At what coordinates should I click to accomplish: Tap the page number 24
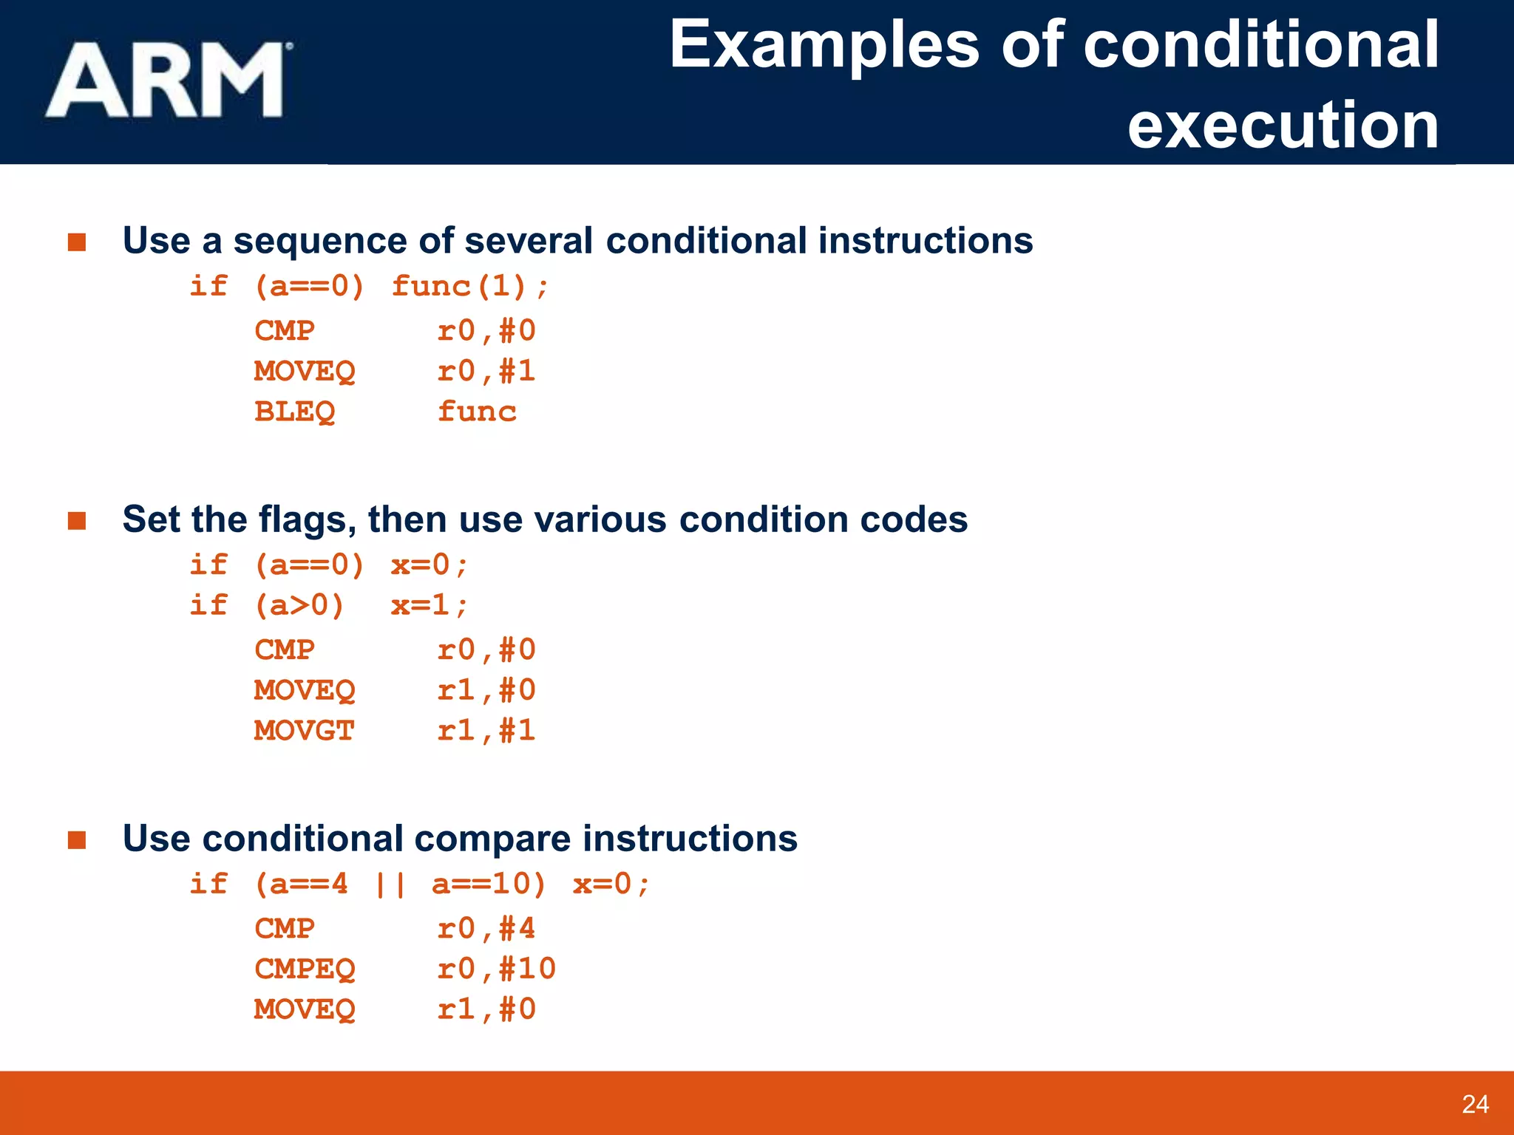(1475, 1104)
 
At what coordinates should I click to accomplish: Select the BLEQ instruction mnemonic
(294, 412)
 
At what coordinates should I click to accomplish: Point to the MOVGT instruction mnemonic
(304, 731)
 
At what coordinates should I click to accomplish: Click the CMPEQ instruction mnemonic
(305, 969)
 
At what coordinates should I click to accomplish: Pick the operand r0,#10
(496, 969)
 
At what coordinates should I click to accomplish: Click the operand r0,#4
(486, 929)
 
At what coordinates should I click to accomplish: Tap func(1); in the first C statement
(470, 286)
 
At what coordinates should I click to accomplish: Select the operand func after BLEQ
(477, 412)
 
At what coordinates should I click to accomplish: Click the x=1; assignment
(430, 606)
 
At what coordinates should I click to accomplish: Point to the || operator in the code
(390, 885)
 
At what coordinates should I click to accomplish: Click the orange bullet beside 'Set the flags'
(77, 521)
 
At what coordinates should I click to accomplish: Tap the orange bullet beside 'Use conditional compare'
(77, 840)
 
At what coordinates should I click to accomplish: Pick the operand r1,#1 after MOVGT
(486, 731)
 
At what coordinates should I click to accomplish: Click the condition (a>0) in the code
(299, 606)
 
